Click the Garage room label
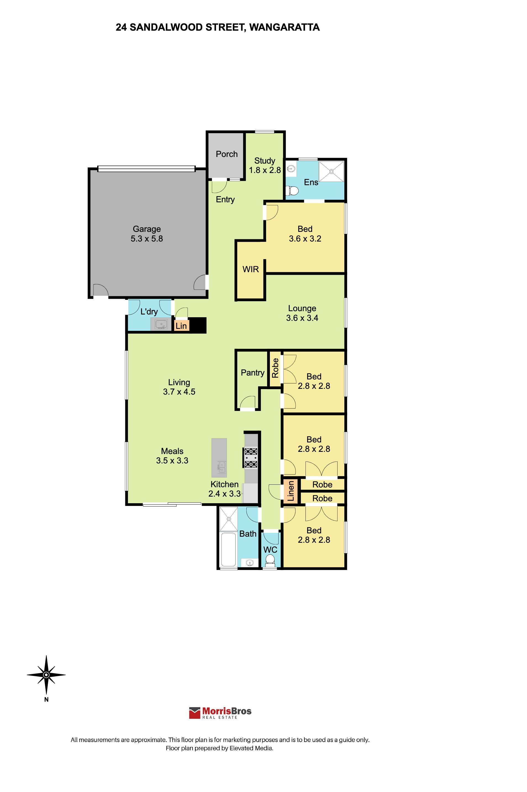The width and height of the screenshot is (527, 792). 147,229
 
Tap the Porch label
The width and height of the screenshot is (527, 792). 226,154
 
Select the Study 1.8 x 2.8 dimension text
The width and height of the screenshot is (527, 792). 265,170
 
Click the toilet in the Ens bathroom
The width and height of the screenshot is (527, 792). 292,191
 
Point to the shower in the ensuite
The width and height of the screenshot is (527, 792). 331,171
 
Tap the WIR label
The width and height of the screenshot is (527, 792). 251,269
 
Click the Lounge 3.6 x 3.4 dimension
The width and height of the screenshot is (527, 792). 302,318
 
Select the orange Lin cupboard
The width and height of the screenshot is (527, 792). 181,326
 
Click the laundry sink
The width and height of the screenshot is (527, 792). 161,325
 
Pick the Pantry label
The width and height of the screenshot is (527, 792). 253,373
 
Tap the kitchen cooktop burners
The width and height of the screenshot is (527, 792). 251,458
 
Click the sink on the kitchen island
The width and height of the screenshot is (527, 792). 222,467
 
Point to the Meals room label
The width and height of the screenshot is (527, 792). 172,451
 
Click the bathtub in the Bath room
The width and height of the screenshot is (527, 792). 228,550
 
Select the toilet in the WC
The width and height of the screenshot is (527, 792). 270,560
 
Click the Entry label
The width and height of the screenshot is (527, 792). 225,200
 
